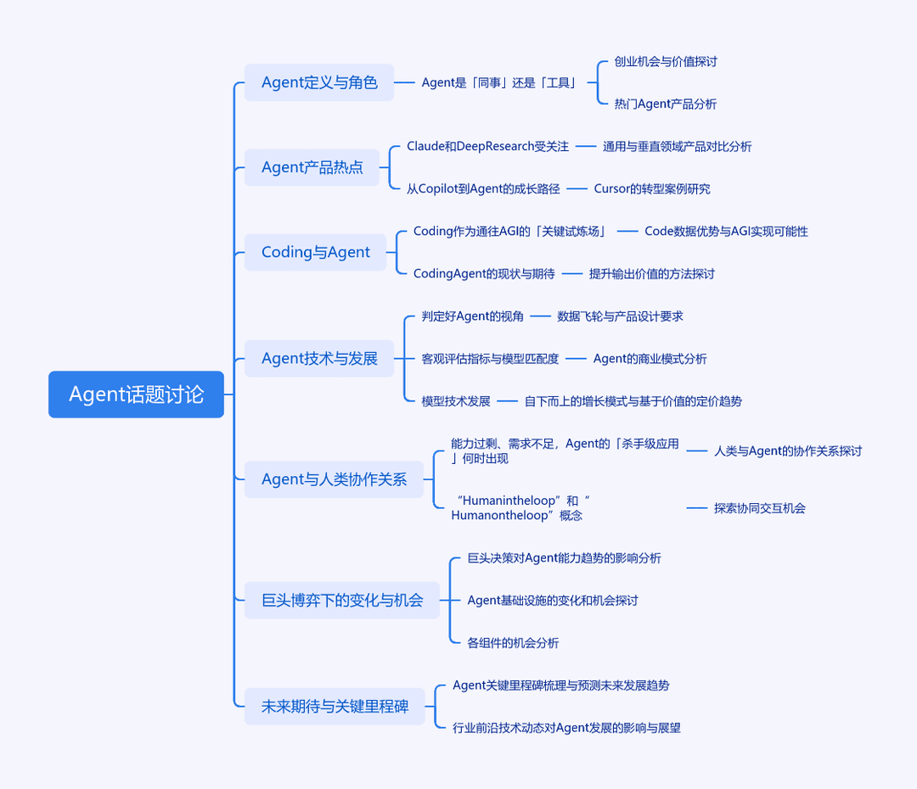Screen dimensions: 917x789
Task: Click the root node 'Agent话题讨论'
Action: [x=136, y=394]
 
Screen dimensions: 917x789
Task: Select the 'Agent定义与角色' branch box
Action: [x=319, y=82]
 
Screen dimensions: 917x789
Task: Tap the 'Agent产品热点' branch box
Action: [x=312, y=167]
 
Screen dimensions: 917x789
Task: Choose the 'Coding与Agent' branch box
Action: [x=315, y=252]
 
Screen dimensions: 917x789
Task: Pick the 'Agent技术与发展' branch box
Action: [x=319, y=358]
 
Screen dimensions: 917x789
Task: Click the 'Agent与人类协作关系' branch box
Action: [x=334, y=479]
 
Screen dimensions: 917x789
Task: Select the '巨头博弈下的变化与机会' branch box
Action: [x=342, y=600]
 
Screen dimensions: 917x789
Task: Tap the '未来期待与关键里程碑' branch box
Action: [x=335, y=707]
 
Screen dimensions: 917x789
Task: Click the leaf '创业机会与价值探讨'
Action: [x=666, y=61]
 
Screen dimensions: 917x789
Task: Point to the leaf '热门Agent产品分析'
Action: [x=666, y=104]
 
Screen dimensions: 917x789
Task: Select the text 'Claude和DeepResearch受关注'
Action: [x=487, y=146]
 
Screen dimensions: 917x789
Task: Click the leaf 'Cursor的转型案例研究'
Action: [x=652, y=189]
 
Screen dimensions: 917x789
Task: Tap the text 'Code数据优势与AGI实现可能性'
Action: [x=726, y=232]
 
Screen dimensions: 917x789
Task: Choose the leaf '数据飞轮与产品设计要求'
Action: [x=620, y=316]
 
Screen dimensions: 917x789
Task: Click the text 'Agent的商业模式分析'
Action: [x=650, y=359]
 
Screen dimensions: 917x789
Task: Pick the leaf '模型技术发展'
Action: [x=456, y=401]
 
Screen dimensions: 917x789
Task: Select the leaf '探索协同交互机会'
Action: [x=760, y=508]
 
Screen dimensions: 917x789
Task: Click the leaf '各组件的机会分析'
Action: [x=513, y=643]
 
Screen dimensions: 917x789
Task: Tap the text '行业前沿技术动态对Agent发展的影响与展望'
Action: [x=566, y=728]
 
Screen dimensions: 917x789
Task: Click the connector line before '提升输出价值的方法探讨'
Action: [x=572, y=273]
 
